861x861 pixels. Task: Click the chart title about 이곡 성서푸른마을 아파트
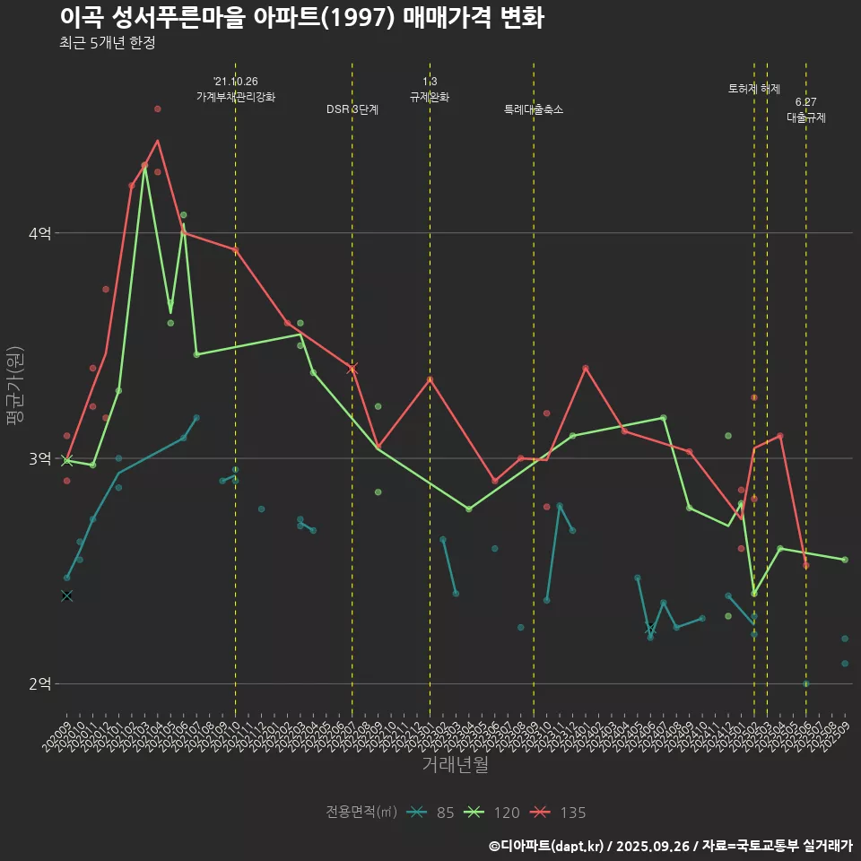click(301, 18)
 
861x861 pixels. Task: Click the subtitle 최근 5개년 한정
click(108, 43)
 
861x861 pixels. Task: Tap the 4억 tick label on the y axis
click(39, 233)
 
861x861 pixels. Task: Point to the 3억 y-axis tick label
click(39, 458)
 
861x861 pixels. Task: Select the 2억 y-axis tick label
click(39, 684)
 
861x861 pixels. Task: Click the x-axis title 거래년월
click(456, 764)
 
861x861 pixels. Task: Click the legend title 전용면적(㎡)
click(361, 813)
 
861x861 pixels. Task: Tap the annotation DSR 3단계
click(352, 109)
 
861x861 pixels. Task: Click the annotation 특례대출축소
click(534, 109)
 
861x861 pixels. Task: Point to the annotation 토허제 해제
click(754, 89)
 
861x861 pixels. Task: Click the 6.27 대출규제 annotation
click(806, 109)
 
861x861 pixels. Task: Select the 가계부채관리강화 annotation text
click(236, 89)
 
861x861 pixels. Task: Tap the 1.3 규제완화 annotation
click(430, 89)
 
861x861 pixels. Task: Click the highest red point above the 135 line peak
click(158, 109)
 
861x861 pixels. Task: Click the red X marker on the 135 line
click(352, 368)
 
